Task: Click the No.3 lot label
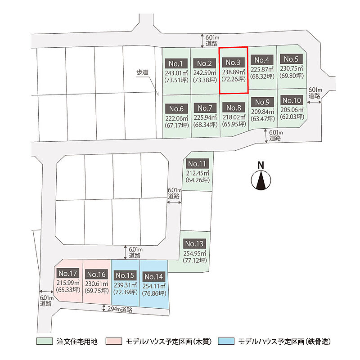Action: point(233,62)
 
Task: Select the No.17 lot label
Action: point(68,273)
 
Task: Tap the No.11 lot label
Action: point(197,164)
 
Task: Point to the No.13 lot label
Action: point(194,243)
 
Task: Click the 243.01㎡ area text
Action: point(176,73)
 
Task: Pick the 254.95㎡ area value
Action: point(195,253)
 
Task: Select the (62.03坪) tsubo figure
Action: point(292,117)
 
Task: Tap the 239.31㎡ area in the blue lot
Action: point(126,285)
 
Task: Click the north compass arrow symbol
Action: point(261,180)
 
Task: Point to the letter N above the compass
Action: point(261,165)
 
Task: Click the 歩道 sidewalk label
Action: point(142,72)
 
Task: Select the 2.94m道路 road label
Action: point(120,310)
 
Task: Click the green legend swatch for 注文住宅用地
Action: point(45,341)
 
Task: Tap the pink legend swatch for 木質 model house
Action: point(114,341)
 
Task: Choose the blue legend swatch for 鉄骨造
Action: point(226,341)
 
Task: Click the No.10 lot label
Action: point(292,100)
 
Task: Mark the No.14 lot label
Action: point(153,277)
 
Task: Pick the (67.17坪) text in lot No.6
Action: point(177,126)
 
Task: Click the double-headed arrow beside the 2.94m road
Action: point(104,308)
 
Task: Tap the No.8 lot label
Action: point(234,108)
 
